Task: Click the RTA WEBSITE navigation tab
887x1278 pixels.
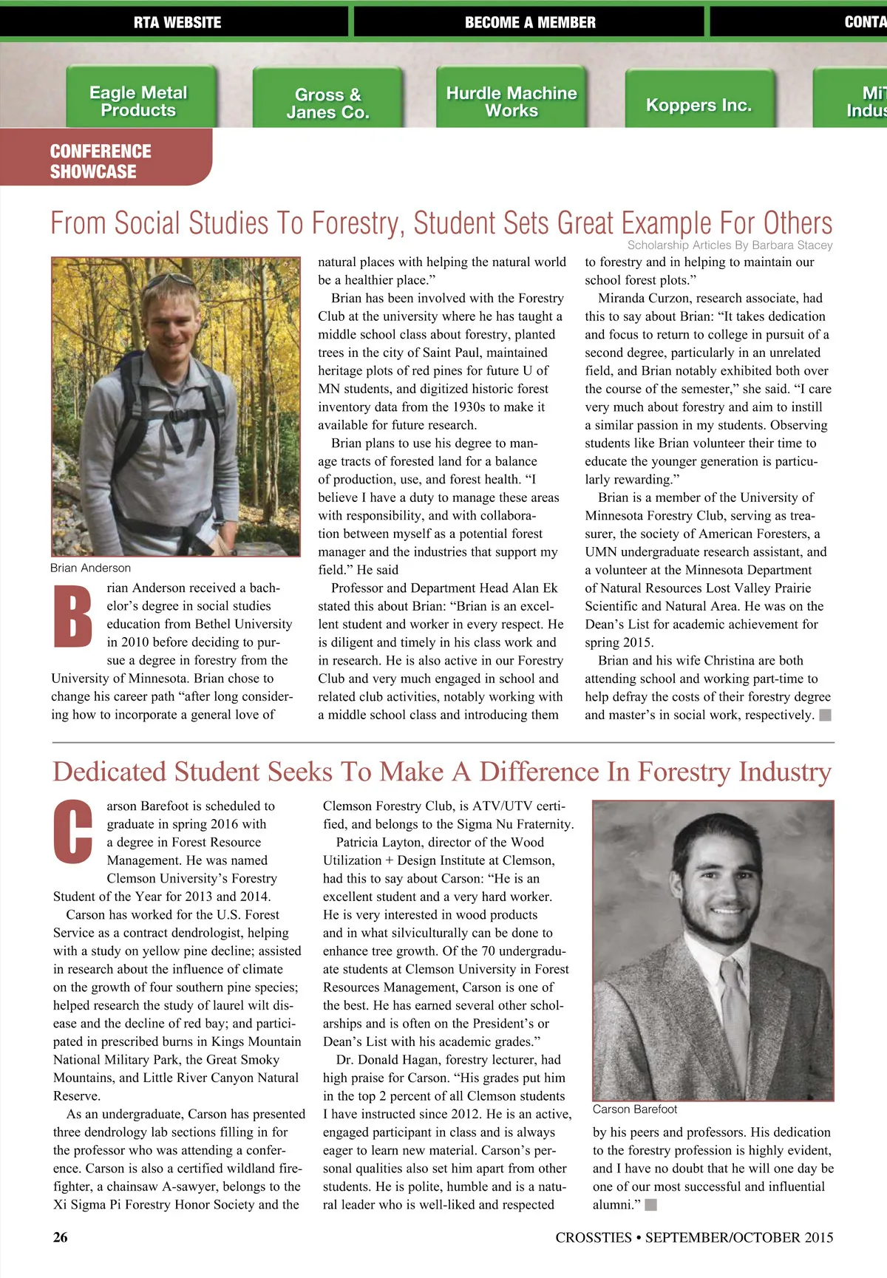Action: pyautogui.click(x=177, y=22)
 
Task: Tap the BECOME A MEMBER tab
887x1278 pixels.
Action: pyautogui.click(x=529, y=22)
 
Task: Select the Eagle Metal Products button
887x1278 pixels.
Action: pyautogui.click(x=139, y=101)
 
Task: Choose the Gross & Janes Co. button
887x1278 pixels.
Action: pyautogui.click(x=327, y=103)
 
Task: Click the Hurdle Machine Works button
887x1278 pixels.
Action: pyautogui.click(x=512, y=101)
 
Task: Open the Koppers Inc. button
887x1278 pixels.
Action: pyautogui.click(x=699, y=104)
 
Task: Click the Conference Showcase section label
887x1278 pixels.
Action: pyautogui.click(x=101, y=161)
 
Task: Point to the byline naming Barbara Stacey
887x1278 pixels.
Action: pyautogui.click(x=730, y=245)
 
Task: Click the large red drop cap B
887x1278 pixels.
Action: pyautogui.click(x=73, y=617)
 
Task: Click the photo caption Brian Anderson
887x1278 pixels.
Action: pyautogui.click(x=90, y=568)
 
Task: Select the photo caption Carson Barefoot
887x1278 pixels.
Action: pyautogui.click(x=634, y=1109)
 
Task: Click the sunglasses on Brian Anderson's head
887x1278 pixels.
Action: pyautogui.click(x=169, y=281)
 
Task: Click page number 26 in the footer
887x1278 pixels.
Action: pyautogui.click(x=61, y=1237)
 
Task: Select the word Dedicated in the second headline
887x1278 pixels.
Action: pyautogui.click(x=109, y=772)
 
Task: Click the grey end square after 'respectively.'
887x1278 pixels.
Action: pyautogui.click(x=826, y=715)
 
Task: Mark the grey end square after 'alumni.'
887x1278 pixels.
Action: pyautogui.click(x=650, y=1205)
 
